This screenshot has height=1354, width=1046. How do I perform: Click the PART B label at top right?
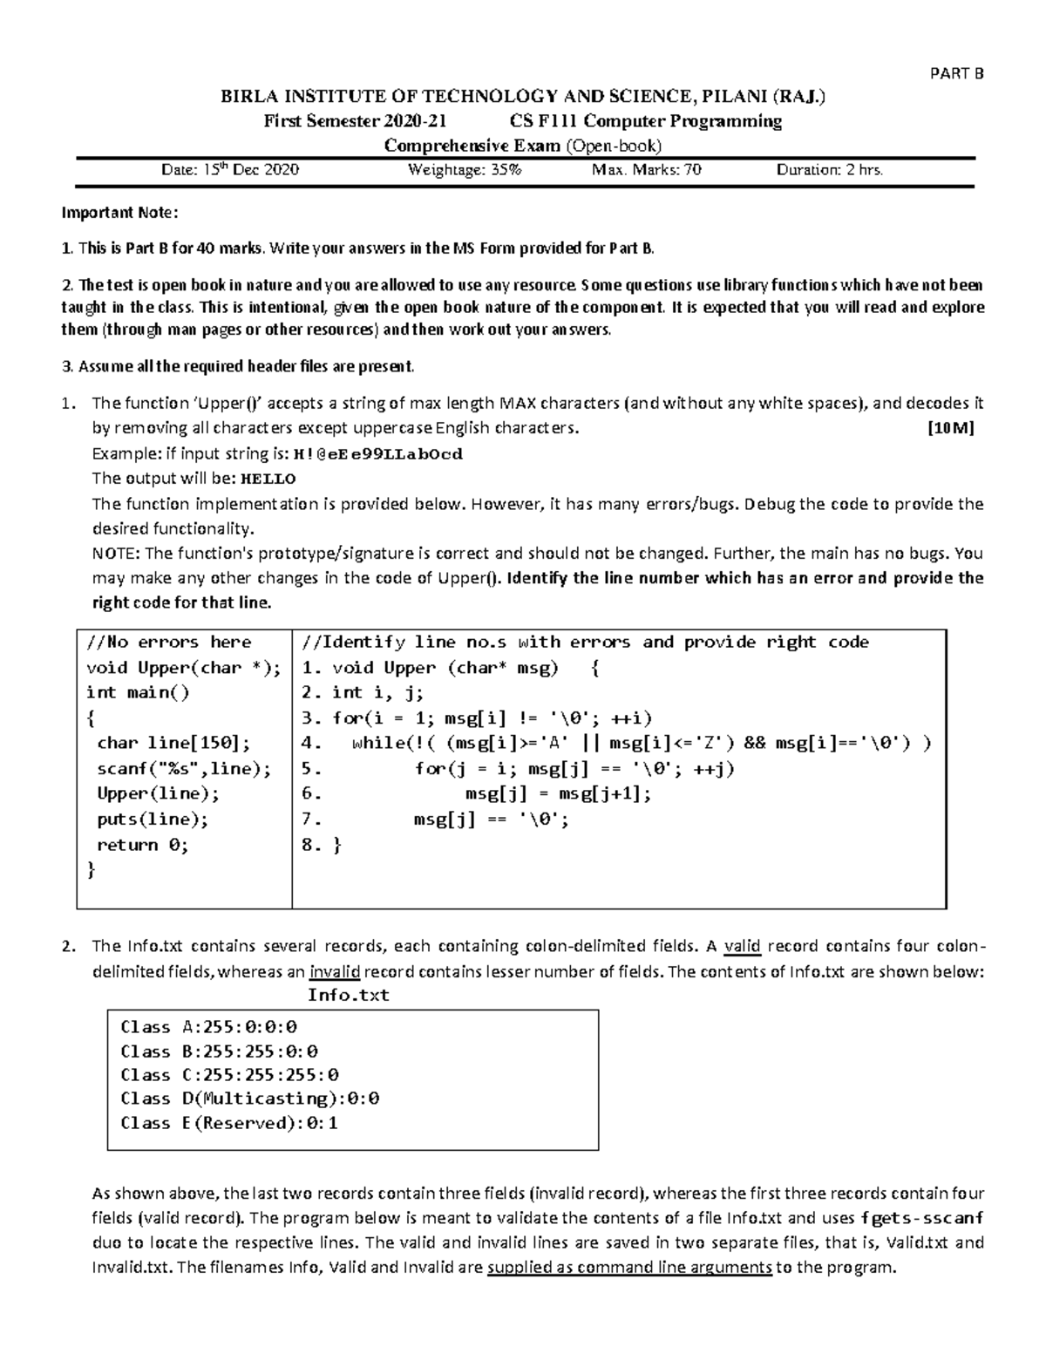coord(958,73)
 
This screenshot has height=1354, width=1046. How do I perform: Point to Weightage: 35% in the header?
coord(465,170)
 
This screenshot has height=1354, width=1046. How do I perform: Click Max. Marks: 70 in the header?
coord(646,170)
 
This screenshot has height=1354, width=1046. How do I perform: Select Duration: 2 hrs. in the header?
coord(829,170)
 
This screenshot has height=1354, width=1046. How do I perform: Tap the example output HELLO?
coord(268,479)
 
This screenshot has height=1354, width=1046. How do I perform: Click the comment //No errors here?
coord(168,643)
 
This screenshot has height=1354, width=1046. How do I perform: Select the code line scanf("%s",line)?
coord(184,769)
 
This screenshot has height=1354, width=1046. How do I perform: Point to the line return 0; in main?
coord(142,845)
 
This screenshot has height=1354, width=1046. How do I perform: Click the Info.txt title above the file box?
coord(349,995)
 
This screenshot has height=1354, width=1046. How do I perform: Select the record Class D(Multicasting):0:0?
coord(249,1099)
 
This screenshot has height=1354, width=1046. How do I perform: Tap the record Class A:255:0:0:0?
coord(208,1027)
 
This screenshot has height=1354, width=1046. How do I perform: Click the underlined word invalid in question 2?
coord(334,972)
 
